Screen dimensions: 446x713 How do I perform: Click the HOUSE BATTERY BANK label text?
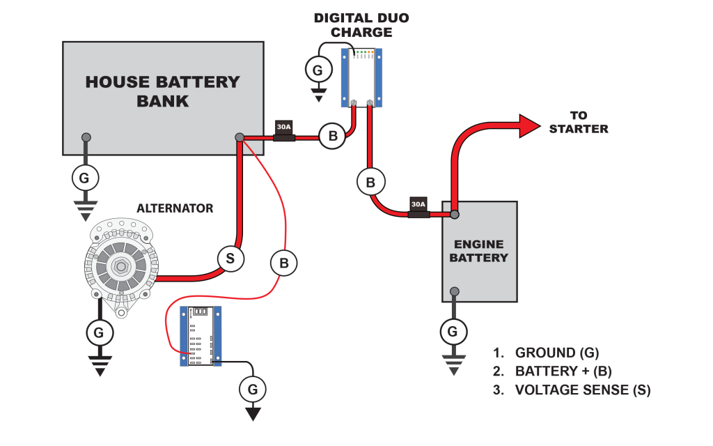click(x=162, y=91)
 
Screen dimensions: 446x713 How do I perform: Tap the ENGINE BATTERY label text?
click(x=479, y=251)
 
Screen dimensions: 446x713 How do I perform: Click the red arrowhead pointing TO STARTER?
click(x=529, y=125)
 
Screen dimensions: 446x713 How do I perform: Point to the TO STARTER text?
click(x=578, y=122)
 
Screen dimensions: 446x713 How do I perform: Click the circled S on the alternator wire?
click(x=230, y=259)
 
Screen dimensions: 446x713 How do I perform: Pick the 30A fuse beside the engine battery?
click(x=418, y=208)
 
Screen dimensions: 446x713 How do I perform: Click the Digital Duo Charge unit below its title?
click(x=361, y=77)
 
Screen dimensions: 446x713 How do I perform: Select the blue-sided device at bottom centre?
click(x=201, y=336)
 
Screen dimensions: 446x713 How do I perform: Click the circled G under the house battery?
click(x=84, y=178)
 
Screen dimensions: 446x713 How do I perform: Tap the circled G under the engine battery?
click(x=453, y=331)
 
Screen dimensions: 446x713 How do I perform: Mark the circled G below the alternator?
click(x=99, y=333)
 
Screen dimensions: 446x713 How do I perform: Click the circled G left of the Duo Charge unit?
click(x=318, y=70)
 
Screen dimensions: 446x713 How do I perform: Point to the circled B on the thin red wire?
click(x=284, y=263)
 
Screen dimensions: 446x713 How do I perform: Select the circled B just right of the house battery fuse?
click(x=333, y=136)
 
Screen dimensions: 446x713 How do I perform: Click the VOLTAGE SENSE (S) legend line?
click(x=572, y=390)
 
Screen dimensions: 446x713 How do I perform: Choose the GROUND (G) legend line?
click(x=546, y=353)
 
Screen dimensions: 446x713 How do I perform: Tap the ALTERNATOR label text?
click(x=175, y=208)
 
